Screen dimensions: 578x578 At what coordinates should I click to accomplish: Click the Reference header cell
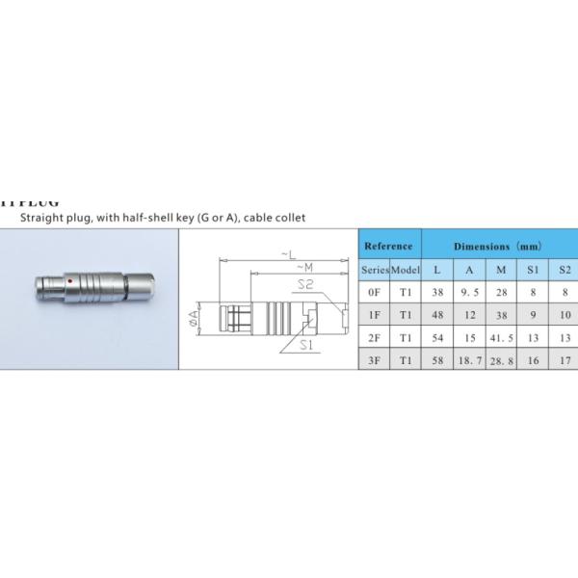(389, 247)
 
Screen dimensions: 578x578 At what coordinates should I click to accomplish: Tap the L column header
(437, 270)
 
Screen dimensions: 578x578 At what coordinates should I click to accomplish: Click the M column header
(501, 270)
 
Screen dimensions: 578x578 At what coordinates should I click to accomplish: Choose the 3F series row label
(374, 361)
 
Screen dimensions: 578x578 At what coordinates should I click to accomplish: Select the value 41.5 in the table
(501, 338)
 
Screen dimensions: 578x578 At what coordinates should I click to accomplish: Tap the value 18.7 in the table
(469, 361)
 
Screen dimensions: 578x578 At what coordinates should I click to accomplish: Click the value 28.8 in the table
(501, 361)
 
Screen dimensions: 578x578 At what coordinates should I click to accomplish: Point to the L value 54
(437, 338)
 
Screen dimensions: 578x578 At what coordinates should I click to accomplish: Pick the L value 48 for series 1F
(437, 315)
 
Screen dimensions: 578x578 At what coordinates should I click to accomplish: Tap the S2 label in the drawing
(305, 284)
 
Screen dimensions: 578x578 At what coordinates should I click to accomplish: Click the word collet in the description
(288, 218)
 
